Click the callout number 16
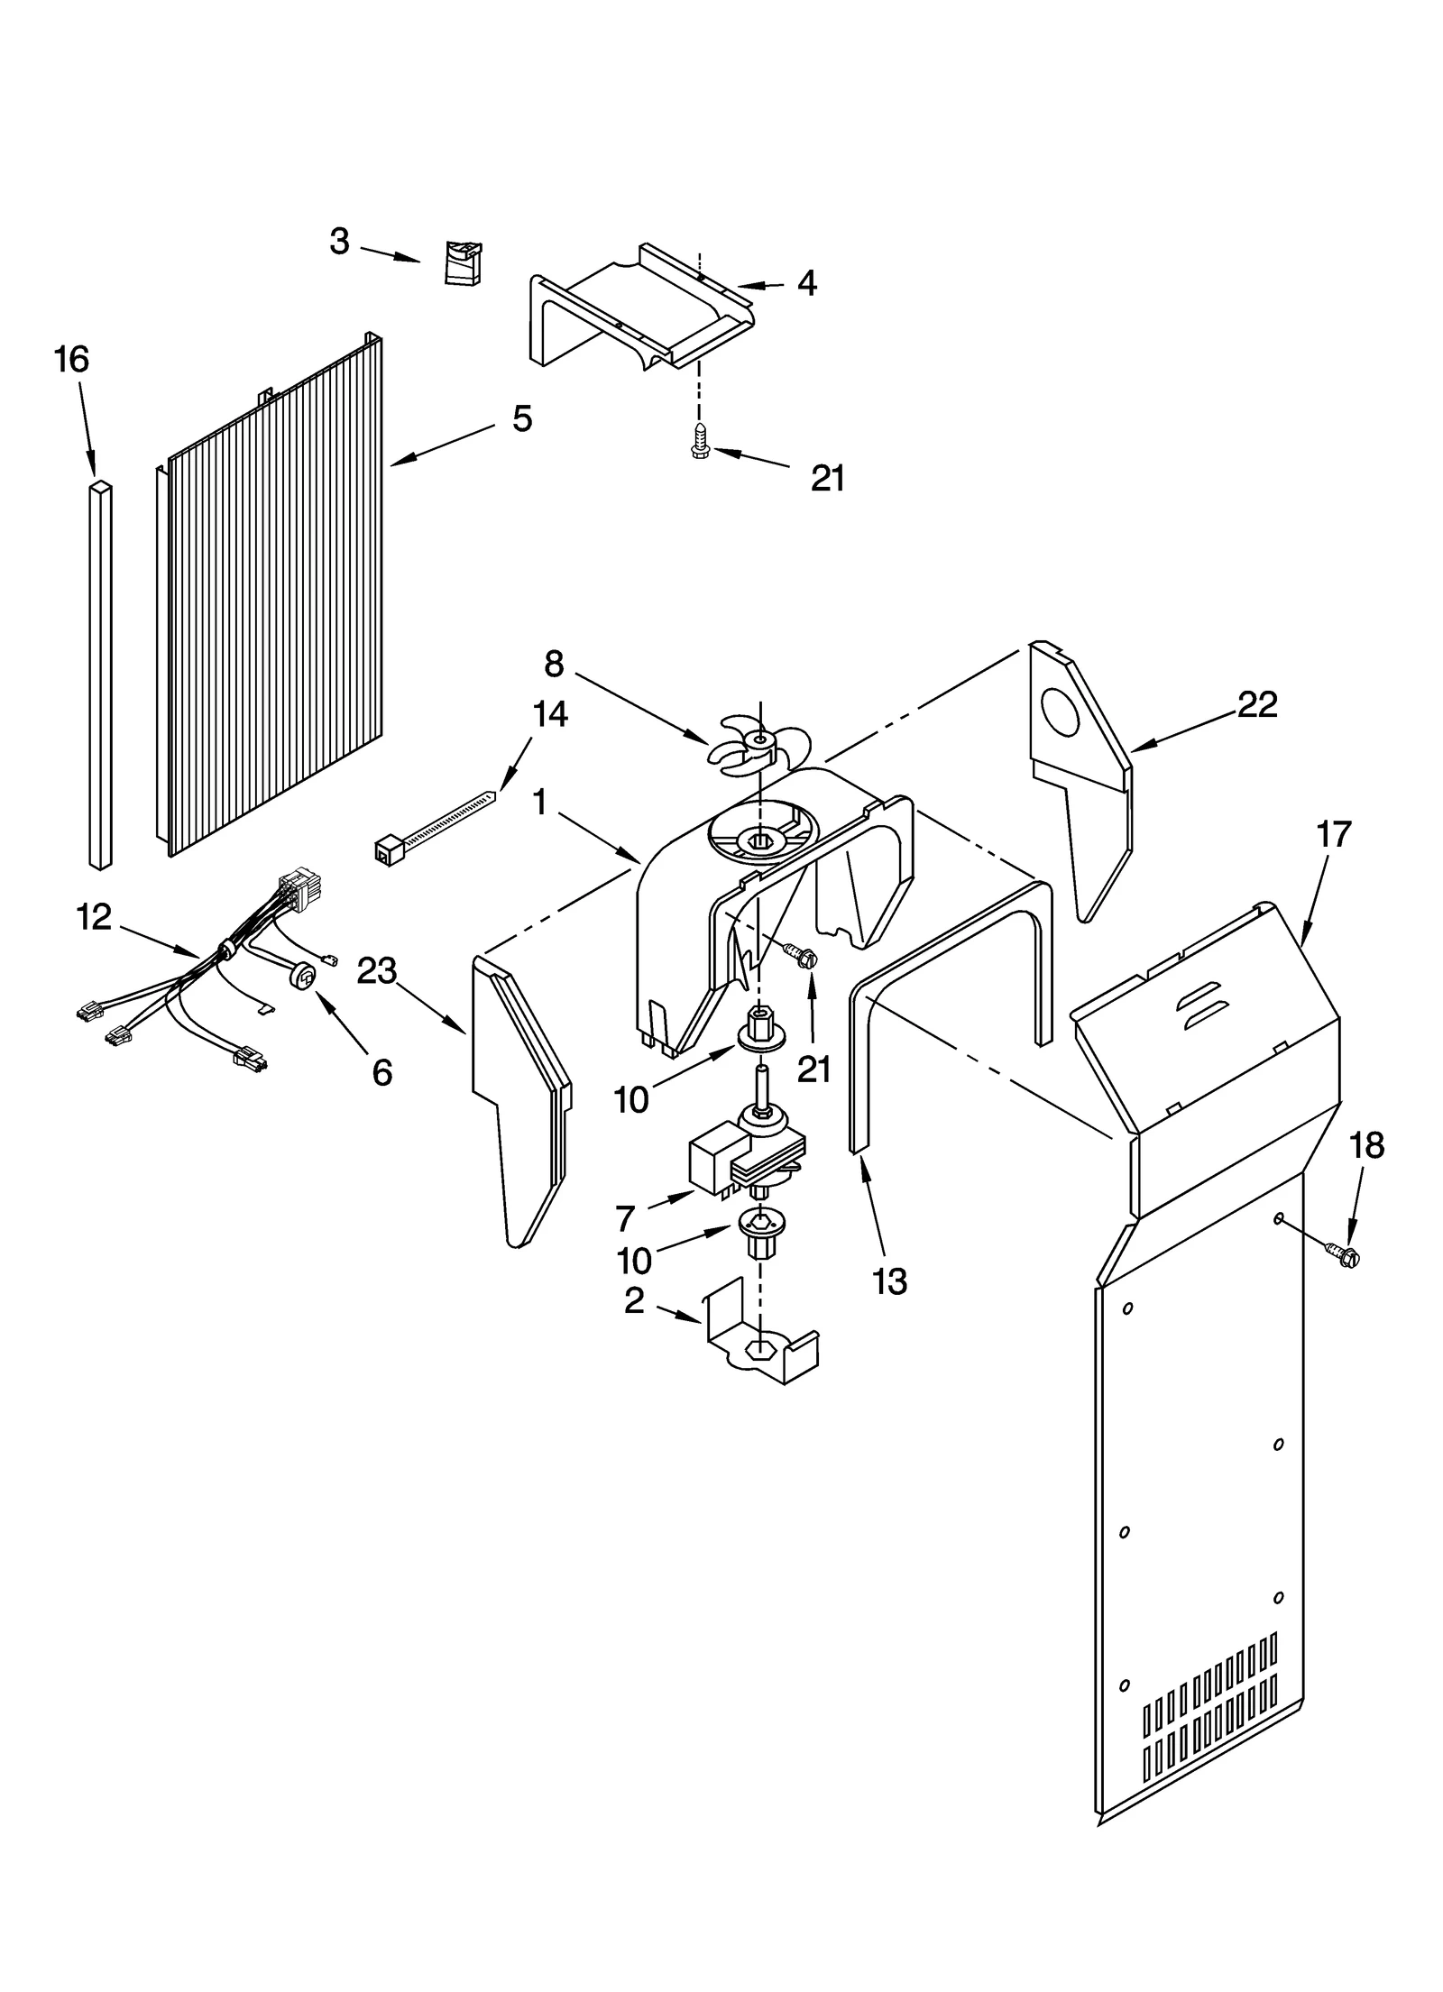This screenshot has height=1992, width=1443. (x=71, y=360)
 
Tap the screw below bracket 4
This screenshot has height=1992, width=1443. (x=700, y=442)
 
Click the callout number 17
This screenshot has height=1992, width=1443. (x=1333, y=834)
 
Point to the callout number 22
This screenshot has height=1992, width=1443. (x=1257, y=704)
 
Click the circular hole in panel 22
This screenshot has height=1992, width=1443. (x=1061, y=712)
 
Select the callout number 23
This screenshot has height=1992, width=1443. (x=376, y=970)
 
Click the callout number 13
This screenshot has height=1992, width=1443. (x=890, y=1281)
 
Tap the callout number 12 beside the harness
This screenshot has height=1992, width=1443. (x=94, y=917)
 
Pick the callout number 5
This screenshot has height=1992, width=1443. (x=522, y=418)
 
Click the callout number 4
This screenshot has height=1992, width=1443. (x=807, y=283)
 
